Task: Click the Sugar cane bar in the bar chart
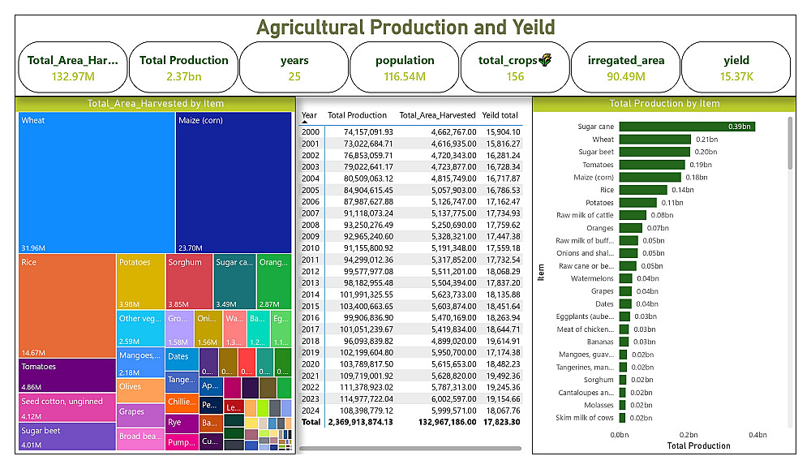[x=686, y=127]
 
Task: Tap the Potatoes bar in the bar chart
[x=637, y=203]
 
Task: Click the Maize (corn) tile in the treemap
[x=234, y=183]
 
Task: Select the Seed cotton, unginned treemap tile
[x=67, y=408]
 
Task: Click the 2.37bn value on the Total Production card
[x=184, y=77]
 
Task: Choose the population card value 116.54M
[x=405, y=77]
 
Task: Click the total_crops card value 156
[x=515, y=77]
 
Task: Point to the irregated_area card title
[x=625, y=60]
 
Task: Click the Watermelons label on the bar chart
[x=591, y=279]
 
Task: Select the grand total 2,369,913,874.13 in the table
[x=360, y=422]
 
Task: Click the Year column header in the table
[x=310, y=115]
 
